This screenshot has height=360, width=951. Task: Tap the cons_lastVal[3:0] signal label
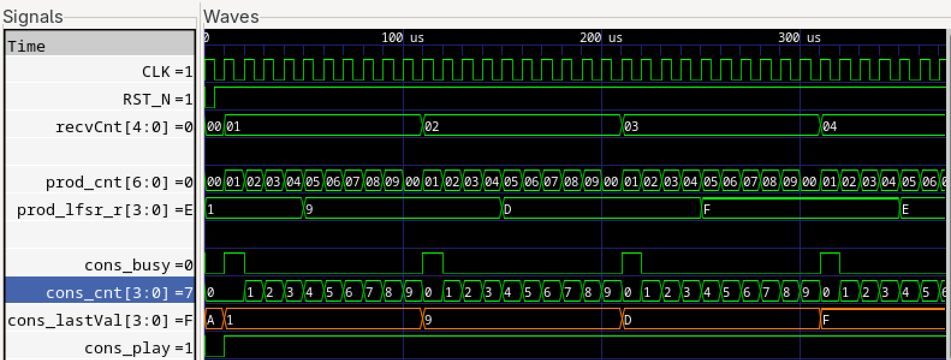(100, 320)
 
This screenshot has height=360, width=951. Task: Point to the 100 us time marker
(402, 37)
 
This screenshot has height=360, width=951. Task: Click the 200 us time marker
(601, 37)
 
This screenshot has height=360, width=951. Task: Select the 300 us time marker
(799, 37)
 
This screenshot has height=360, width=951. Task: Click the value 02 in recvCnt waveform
(432, 127)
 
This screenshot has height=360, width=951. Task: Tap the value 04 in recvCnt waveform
(830, 127)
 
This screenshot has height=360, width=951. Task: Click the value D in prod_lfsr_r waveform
(508, 210)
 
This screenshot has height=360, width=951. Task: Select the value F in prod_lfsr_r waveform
(707, 210)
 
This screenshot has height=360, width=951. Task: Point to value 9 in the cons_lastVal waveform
(428, 320)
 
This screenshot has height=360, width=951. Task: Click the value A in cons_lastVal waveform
(211, 320)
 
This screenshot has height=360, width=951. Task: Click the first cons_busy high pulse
(234, 263)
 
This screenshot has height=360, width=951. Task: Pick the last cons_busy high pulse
(830, 263)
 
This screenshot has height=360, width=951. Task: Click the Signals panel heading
(32, 16)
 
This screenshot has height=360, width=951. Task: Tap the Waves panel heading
(231, 16)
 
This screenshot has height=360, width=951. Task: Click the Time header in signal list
(26, 46)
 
